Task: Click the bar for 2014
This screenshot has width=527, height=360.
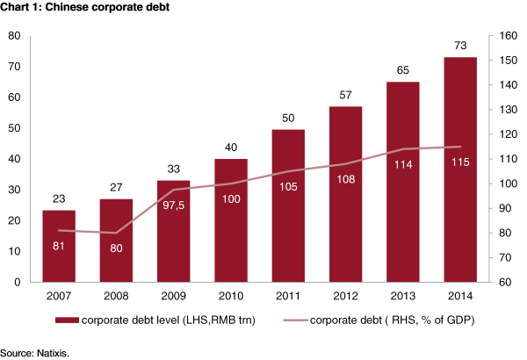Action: tap(460, 169)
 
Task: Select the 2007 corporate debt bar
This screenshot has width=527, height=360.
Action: tap(59, 246)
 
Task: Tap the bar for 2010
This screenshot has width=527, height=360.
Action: tap(231, 220)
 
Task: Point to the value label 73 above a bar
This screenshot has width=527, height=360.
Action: tap(460, 46)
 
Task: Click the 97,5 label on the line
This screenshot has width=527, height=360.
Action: tap(173, 205)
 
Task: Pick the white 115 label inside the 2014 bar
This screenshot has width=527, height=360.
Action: tap(460, 162)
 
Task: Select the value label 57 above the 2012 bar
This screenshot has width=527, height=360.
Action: tap(345, 95)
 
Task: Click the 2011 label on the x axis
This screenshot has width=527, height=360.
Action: tap(288, 296)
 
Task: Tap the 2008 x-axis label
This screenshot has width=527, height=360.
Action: tap(116, 296)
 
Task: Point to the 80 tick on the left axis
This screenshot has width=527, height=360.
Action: tap(14, 36)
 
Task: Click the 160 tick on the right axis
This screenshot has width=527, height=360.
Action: tap(508, 36)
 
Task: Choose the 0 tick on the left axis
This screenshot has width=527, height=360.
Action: tap(18, 282)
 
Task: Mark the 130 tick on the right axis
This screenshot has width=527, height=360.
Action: tap(508, 110)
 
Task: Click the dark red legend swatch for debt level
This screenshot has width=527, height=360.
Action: tap(68, 320)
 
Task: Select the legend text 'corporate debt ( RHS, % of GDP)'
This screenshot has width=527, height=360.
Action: tap(392, 320)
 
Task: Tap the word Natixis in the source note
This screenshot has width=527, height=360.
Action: tap(53, 354)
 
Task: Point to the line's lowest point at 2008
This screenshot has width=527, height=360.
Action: tap(116, 233)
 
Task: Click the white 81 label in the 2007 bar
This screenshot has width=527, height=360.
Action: tap(59, 246)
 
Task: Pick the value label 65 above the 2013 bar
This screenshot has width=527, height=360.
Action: tap(402, 70)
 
